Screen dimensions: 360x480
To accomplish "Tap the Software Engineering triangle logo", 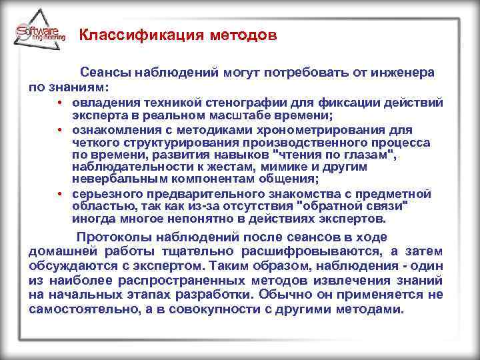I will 40,31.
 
